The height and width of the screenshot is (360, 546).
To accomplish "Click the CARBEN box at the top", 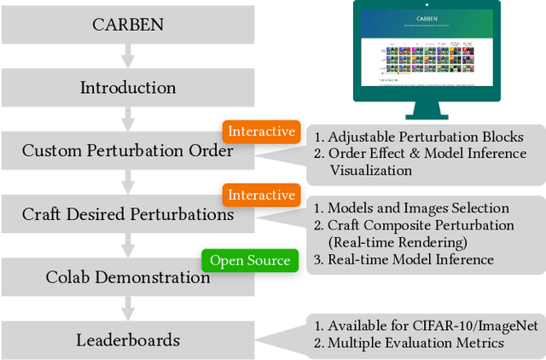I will (127, 24).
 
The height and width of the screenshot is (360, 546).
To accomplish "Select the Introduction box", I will (127, 88).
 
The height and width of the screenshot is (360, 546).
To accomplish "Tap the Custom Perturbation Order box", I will (127, 151).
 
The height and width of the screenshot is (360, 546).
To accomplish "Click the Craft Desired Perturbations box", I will (127, 214).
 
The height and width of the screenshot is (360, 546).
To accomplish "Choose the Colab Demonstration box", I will (127, 277).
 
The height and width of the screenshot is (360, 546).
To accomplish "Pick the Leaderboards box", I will (127, 340).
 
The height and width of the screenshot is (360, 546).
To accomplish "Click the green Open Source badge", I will (250, 260).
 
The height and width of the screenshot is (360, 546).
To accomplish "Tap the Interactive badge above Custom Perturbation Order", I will (262, 131).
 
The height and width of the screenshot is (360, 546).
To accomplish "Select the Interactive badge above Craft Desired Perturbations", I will (262, 195).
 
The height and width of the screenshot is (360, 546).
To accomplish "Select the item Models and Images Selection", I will (419, 208).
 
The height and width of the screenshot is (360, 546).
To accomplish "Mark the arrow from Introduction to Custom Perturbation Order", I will (127, 119).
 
